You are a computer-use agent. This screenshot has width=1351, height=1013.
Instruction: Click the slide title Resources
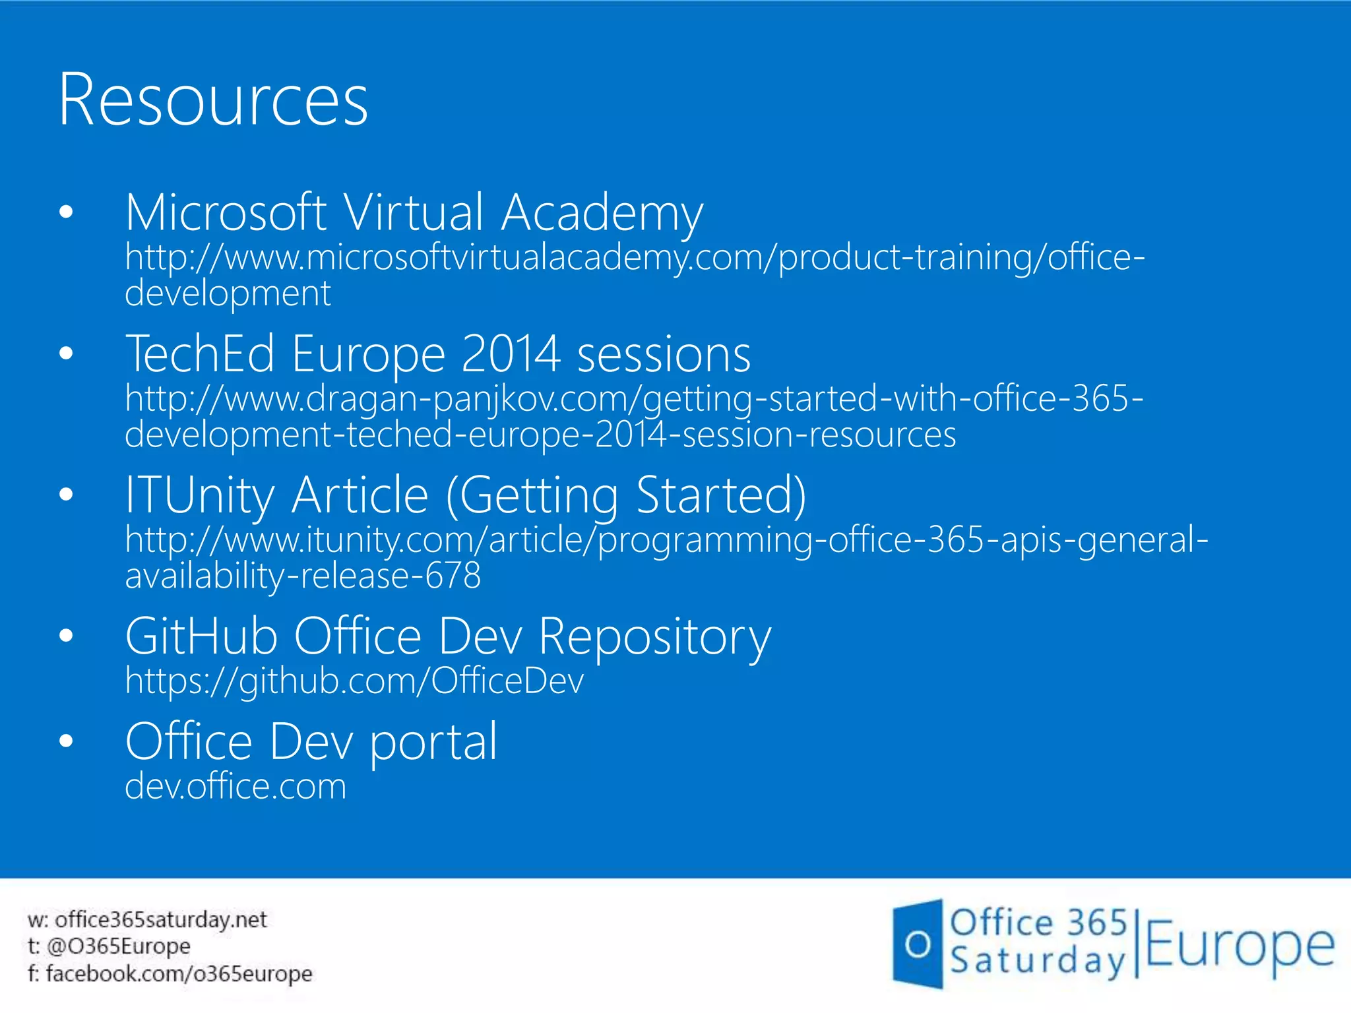[212, 100]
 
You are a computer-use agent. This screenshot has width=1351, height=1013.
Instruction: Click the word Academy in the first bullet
[602, 214]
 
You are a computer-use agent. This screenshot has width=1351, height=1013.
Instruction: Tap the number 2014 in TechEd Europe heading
[511, 355]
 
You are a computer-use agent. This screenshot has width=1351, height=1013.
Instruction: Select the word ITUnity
[199, 496]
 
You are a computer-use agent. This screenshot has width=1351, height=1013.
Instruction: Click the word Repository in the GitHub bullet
[654, 637]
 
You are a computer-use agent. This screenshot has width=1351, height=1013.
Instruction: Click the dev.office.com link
[236, 786]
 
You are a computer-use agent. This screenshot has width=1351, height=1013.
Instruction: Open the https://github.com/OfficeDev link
[354, 681]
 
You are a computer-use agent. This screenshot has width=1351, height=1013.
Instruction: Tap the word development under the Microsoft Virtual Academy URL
[228, 293]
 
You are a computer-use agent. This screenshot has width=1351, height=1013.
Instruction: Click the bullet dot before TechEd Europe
[66, 353]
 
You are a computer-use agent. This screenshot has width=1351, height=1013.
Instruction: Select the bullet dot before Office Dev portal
[66, 741]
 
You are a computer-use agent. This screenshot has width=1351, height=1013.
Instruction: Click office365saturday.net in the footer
[160, 919]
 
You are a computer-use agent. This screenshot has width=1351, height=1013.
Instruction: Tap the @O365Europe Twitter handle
[119, 946]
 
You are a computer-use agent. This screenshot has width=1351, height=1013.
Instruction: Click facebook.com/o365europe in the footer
[179, 973]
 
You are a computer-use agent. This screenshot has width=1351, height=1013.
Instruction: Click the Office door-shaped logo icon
[918, 944]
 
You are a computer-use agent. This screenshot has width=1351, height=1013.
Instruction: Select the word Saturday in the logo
[1037, 962]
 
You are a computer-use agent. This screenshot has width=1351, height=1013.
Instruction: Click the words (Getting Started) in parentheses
[626, 496]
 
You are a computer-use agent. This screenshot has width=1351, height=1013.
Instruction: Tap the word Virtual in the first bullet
[414, 214]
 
